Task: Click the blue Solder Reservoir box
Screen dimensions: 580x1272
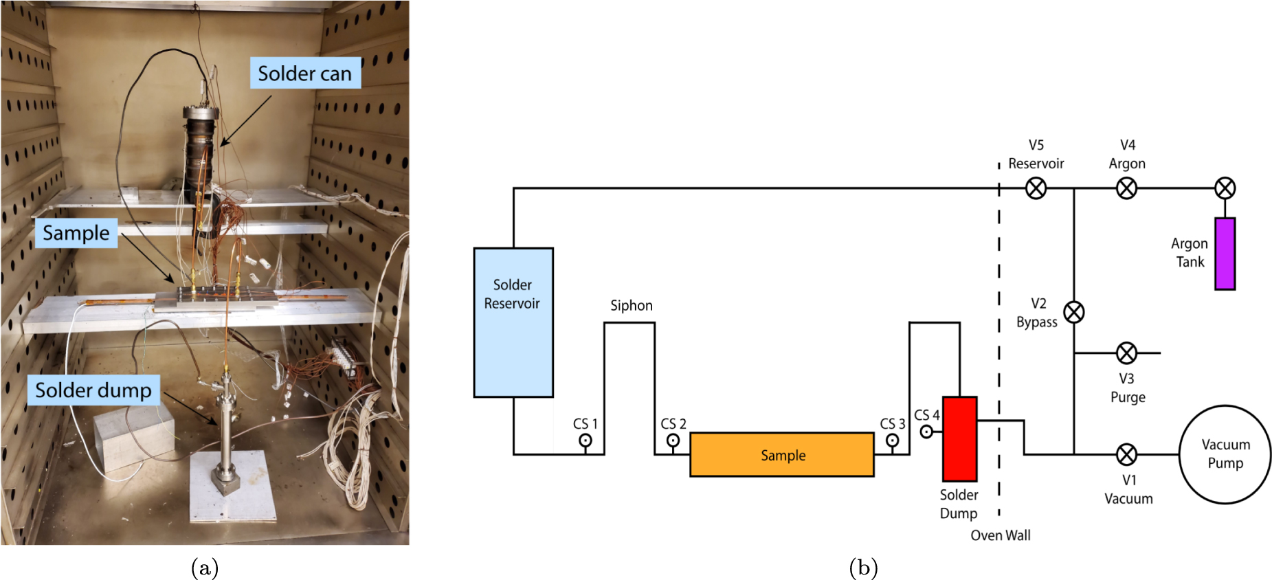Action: [x=513, y=322]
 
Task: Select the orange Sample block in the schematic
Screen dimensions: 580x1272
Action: [x=781, y=454]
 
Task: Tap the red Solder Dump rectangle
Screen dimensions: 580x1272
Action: [x=959, y=438]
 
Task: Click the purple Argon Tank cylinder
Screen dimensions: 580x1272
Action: [x=1225, y=254]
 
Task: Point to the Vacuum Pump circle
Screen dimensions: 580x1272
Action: [x=1225, y=454]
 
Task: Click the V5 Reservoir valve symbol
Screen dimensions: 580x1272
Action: [x=1036, y=188]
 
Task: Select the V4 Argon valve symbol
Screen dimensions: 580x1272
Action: [x=1126, y=188]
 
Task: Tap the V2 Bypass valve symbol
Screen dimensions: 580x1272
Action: [x=1074, y=313]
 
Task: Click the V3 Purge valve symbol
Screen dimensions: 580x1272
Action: [x=1126, y=353]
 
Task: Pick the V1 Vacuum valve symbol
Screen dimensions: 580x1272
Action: [x=1126, y=454]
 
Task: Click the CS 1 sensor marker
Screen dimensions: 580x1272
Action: [x=585, y=440]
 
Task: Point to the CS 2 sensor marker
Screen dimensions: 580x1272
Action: [x=673, y=440]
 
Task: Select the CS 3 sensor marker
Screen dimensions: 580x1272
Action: [x=892, y=440]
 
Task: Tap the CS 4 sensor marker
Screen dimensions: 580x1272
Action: [x=926, y=432]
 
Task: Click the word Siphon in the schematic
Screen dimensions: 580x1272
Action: [x=631, y=305]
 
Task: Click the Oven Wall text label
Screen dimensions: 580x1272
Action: [x=1000, y=535]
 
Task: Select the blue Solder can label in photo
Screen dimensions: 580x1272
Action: [x=304, y=73]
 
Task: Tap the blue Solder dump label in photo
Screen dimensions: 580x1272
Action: [x=93, y=390]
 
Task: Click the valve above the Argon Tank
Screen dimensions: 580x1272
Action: [x=1225, y=188]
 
